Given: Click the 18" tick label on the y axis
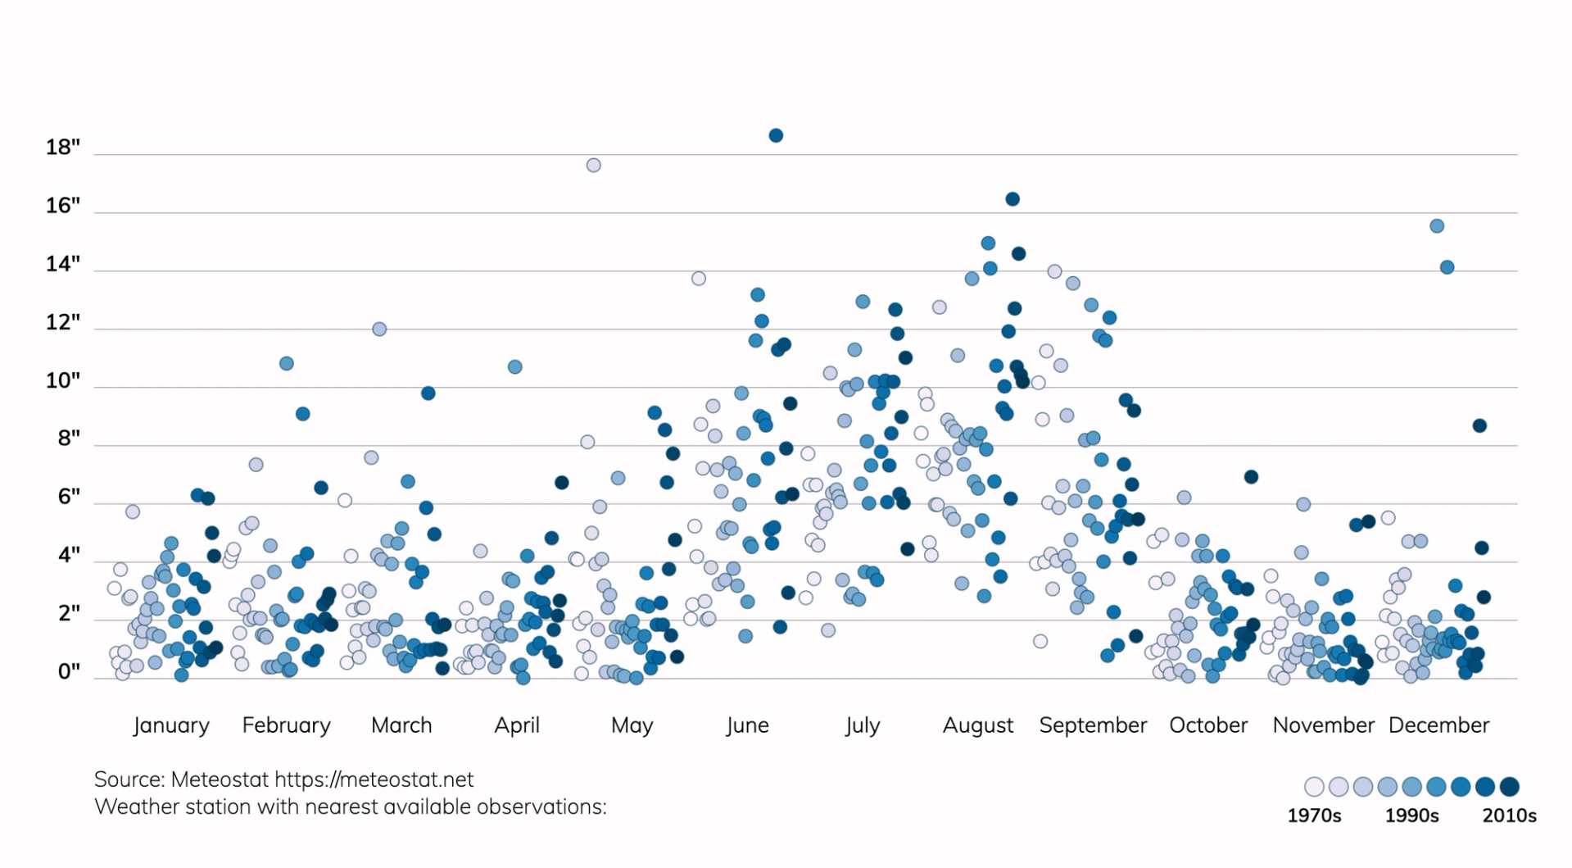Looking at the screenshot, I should pos(63,148).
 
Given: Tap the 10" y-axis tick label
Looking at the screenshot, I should pos(63,380).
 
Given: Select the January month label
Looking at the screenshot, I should pos(171,725).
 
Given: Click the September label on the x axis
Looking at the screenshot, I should pos(1093,725).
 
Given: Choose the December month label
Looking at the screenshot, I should pos(1438,725).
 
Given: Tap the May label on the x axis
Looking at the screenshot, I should pos(632,725).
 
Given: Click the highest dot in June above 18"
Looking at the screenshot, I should pos(776,135).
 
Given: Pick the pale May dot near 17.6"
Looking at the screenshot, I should pos(594,166).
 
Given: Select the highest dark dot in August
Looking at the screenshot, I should pos(1013,199).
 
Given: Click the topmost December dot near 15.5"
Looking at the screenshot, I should pos(1437,226).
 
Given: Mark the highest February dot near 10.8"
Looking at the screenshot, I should pos(287,363).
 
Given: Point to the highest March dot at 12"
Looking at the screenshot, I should pos(379,329).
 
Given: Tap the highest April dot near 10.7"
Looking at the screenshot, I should pos(515,367).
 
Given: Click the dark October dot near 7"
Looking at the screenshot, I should pos(1251,477).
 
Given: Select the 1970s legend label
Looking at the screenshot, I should pos(1314,816).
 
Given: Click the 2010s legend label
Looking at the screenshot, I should pos(1509,816).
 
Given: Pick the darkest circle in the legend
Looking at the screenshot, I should pos(1510,787).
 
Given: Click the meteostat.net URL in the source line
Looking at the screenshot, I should pos(374,779).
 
